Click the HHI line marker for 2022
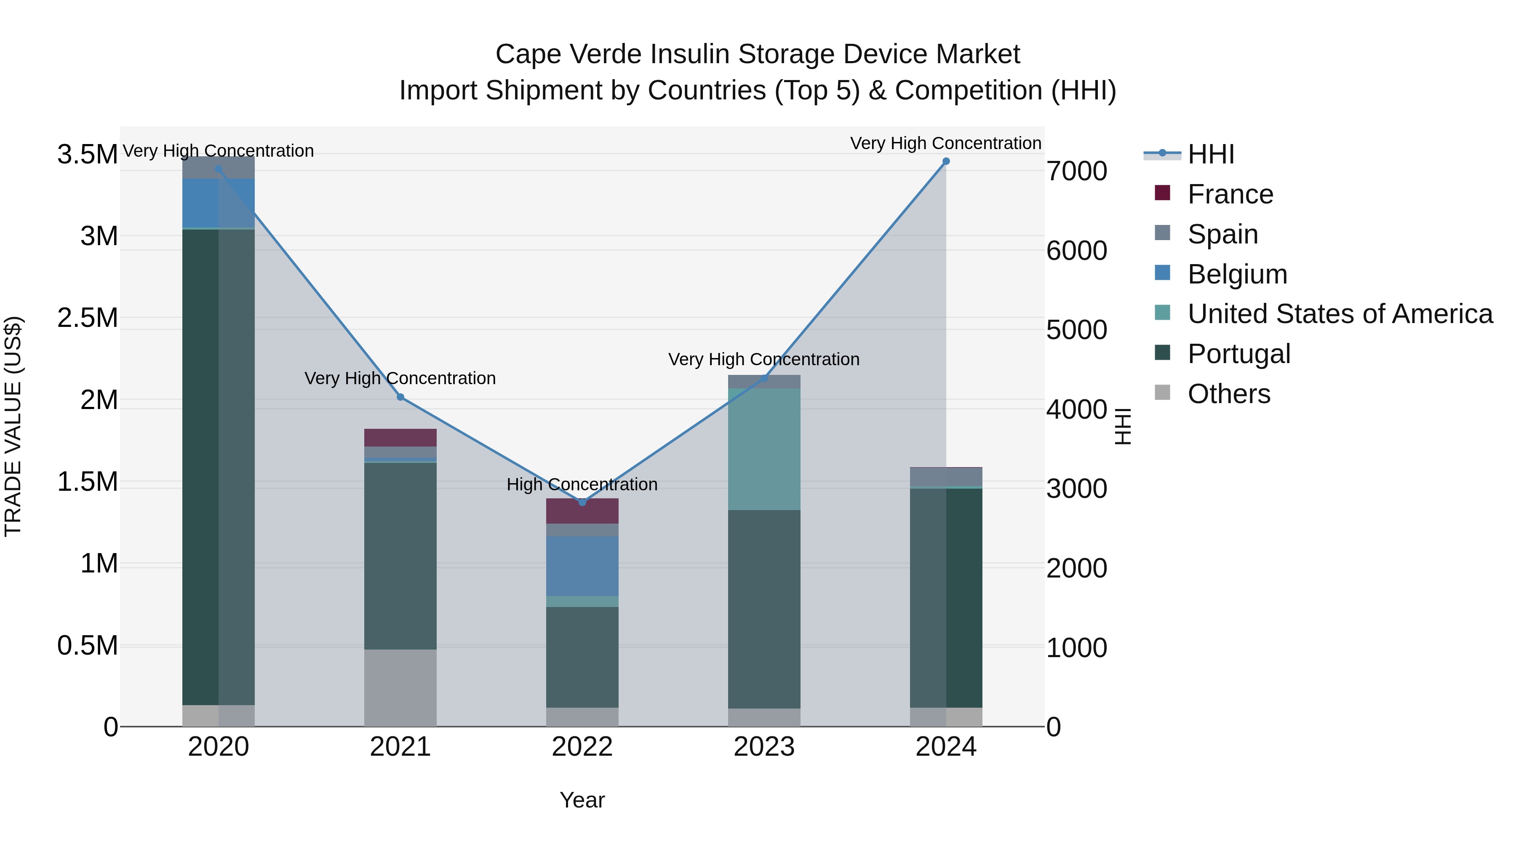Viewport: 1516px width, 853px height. (582, 502)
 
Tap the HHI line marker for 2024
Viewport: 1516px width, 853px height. (946, 161)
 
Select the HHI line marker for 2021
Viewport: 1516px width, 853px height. (400, 397)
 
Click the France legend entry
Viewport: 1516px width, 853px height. (1230, 194)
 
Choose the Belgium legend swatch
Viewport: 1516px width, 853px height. (1162, 273)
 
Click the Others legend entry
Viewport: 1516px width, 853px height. (1228, 394)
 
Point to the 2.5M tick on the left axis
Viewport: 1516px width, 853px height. (87, 318)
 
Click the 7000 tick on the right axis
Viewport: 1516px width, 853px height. (1076, 171)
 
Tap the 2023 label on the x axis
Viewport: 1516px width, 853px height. (764, 747)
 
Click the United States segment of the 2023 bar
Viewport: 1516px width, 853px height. (764, 449)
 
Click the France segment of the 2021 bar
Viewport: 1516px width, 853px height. (400, 437)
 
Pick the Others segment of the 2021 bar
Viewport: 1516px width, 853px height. (400, 687)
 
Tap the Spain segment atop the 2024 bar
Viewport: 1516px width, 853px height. (946, 477)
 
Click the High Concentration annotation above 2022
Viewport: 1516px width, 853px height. (582, 484)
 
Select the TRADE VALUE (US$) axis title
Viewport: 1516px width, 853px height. (13, 426)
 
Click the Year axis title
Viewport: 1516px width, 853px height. (582, 800)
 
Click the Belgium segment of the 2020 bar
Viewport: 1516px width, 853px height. (218, 203)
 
